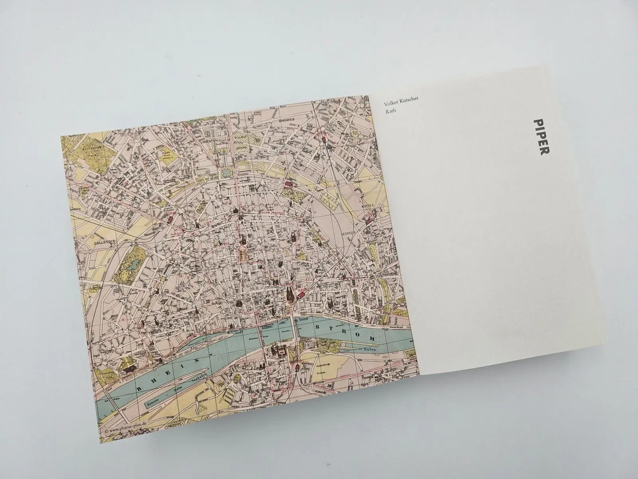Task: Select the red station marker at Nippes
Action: click(369, 218)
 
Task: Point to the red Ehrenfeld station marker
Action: click(325, 139)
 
